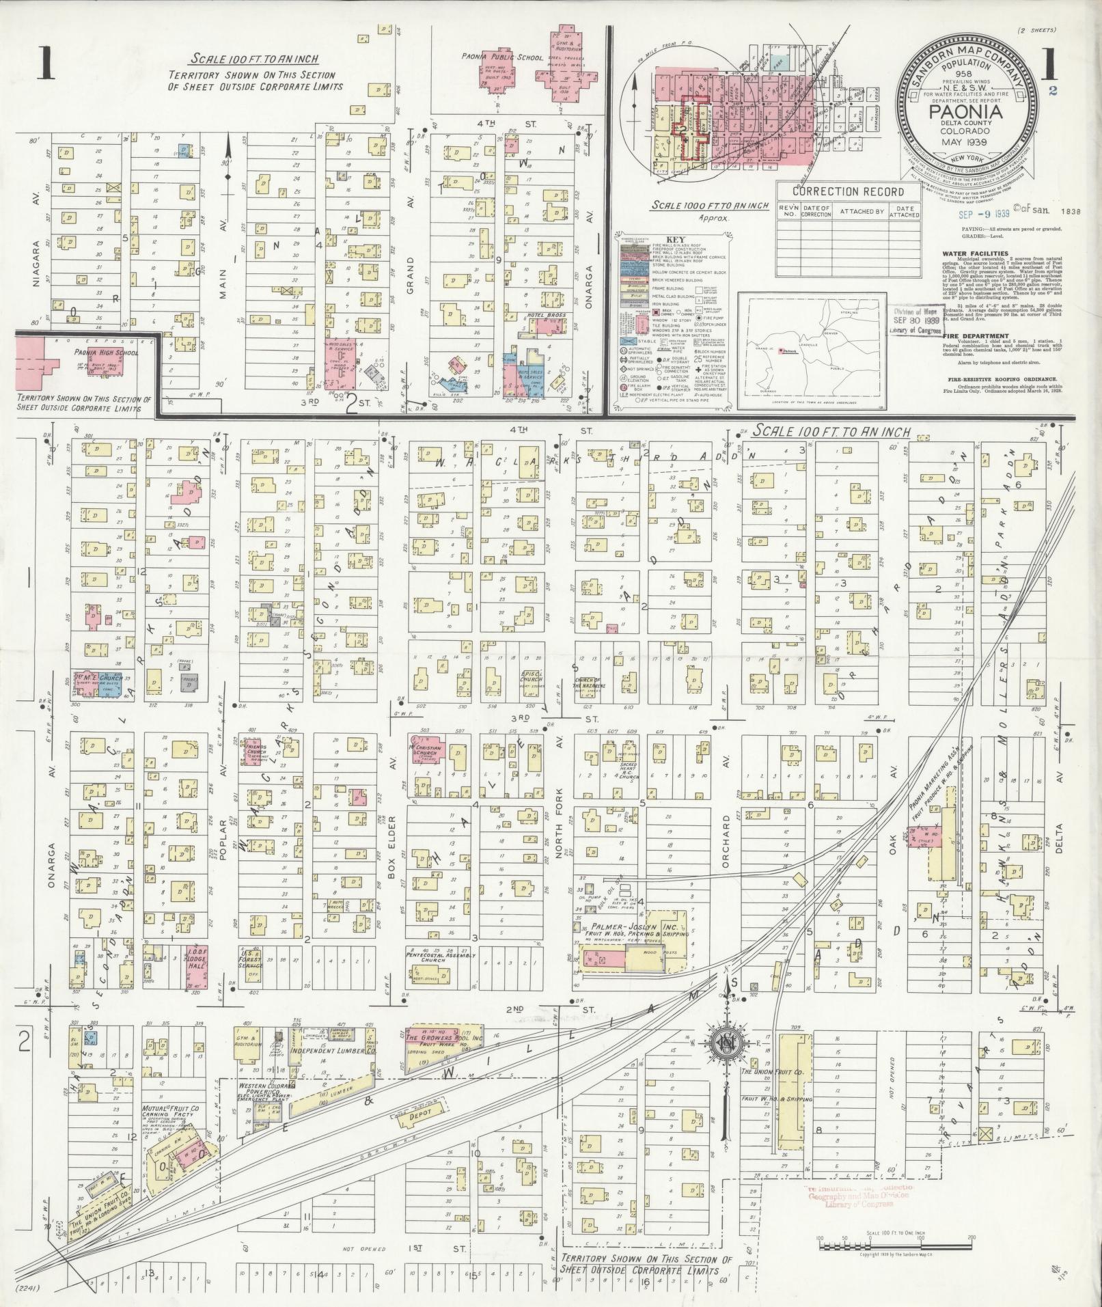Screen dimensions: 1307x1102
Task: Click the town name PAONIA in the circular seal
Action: [963, 111]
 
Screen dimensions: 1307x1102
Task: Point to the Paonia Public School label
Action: [501, 59]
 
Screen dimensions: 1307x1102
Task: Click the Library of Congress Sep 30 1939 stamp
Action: [915, 319]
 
